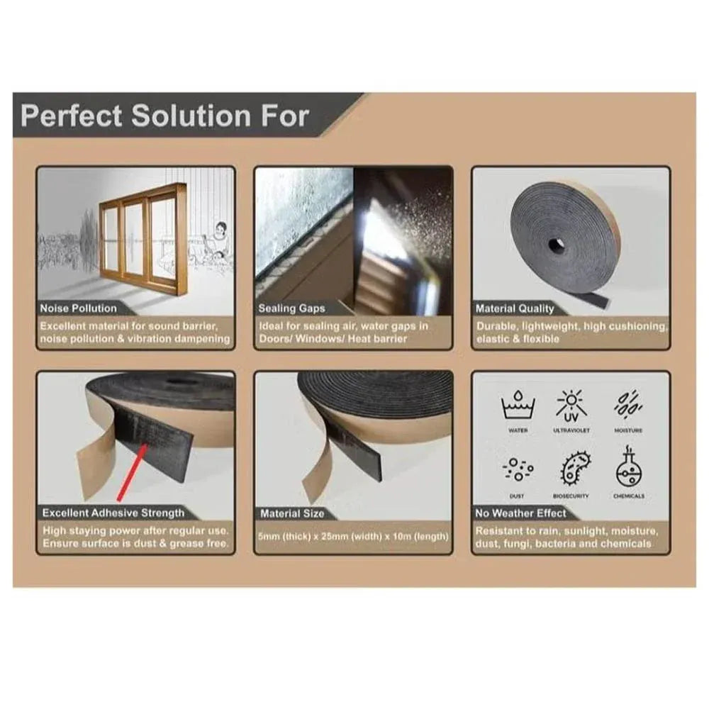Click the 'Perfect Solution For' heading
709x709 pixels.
click(164, 115)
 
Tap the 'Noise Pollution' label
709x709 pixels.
click(79, 308)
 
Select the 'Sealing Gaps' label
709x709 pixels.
click(292, 308)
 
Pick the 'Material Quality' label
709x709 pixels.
click(515, 308)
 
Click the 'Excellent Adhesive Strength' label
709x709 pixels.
click(113, 513)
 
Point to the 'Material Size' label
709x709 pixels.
click(292, 513)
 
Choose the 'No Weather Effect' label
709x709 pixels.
click(521, 513)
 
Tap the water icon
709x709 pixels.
click(518, 406)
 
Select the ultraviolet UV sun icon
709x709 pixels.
click(571, 406)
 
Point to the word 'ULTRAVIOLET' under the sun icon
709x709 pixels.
click(571, 430)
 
